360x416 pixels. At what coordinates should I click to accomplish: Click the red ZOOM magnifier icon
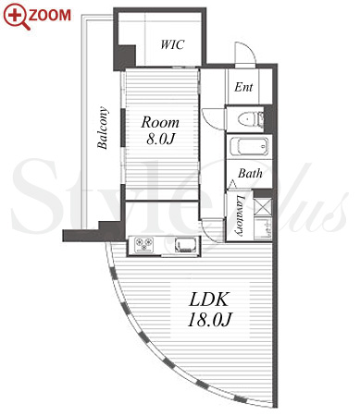[x=16, y=17]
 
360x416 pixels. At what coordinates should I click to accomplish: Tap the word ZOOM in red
[x=50, y=16]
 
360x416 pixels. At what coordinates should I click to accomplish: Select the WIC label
[x=172, y=44]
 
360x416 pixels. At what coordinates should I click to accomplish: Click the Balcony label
[x=103, y=128]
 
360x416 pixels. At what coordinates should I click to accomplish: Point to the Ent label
[x=243, y=87]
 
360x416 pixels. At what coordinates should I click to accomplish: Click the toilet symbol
[x=251, y=119]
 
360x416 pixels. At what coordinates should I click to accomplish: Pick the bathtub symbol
[x=249, y=147]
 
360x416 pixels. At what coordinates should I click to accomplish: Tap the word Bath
[x=250, y=173]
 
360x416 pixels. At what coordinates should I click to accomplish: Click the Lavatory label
[x=240, y=215]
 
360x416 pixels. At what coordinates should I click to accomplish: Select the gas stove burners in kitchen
[x=144, y=245]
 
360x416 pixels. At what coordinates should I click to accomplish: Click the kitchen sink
[x=185, y=245]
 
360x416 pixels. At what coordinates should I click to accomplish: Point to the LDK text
[x=209, y=300]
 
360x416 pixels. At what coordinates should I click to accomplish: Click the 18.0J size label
[x=209, y=320]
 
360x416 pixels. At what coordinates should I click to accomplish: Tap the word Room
[x=160, y=122]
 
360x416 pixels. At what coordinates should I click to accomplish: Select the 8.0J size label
[x=160, y=139]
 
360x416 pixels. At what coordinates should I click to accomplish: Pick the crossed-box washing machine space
[x=264, y=206]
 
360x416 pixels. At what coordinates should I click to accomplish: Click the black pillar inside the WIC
[x=125, y=57]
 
